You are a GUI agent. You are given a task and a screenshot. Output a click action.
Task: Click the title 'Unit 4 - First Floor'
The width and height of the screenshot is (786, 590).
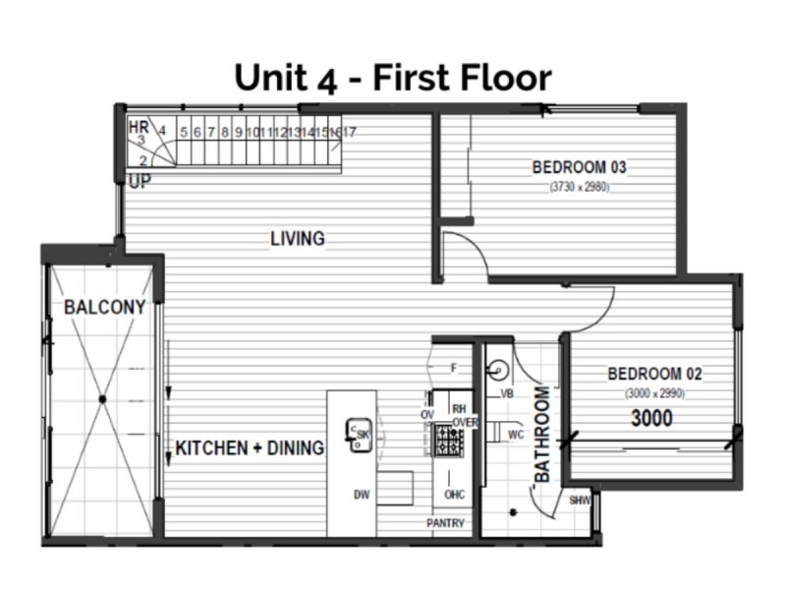coord(392,77)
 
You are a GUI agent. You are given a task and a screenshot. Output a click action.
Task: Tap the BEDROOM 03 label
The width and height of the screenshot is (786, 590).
coord(579,167)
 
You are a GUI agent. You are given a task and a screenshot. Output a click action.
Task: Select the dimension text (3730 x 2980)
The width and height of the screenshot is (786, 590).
coord(579,186)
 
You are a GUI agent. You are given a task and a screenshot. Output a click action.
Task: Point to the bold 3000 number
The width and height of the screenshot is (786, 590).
coord(651,419)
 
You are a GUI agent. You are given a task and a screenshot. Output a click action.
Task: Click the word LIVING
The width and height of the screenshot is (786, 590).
coord(298,239)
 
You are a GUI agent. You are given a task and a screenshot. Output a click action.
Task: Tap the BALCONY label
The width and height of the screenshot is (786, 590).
coord(104,308)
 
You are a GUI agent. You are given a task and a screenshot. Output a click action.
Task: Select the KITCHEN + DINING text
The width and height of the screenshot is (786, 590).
coord(250,449)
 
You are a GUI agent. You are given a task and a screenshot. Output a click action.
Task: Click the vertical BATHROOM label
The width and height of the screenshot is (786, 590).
coord(542,434)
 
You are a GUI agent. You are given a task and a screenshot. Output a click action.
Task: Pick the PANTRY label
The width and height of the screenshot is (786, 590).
coord(445,524)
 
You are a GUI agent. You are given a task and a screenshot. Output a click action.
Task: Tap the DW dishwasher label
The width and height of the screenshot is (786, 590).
coord(362,495)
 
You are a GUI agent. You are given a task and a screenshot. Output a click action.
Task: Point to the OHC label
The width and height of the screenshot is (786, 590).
coord(454,495)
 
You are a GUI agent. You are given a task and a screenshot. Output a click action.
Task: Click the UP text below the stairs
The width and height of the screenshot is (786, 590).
coord(139,181)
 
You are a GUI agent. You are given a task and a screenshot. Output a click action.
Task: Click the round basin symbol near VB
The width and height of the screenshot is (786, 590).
coord(498,371)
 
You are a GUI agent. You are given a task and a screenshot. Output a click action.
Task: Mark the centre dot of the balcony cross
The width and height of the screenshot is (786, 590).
coord(102,399)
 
